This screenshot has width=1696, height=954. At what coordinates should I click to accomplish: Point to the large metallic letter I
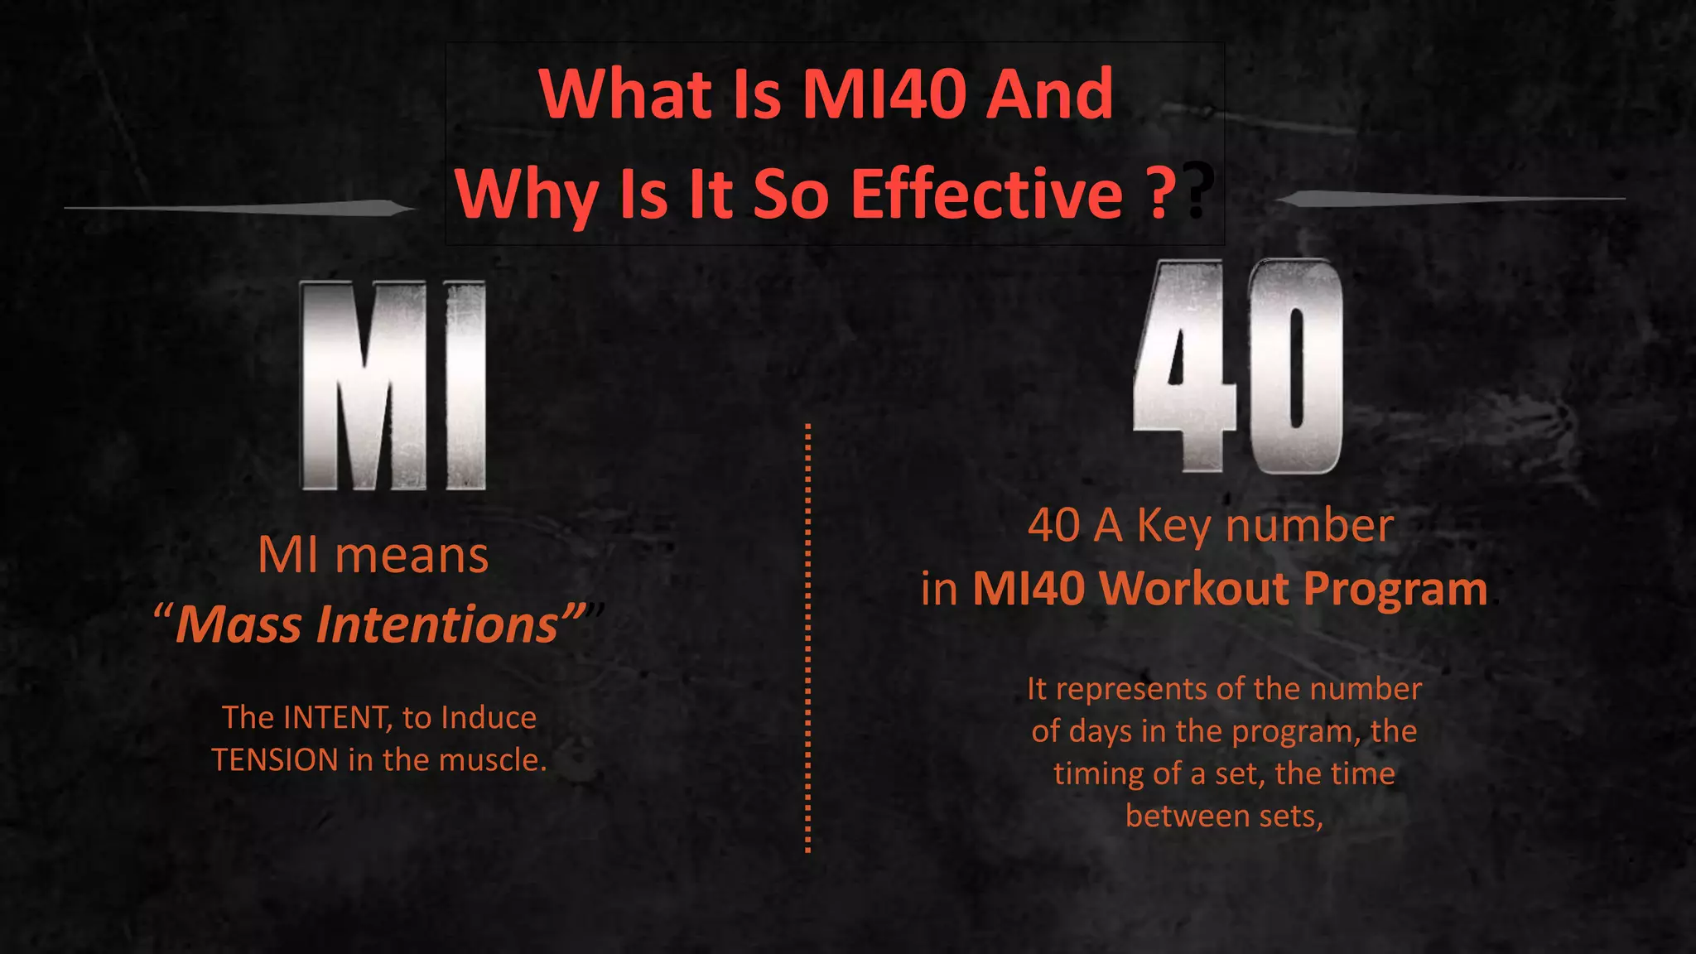(465, 385)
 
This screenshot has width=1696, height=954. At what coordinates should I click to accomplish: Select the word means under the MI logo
(412, 555)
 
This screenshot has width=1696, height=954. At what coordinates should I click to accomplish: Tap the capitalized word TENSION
(275, 760)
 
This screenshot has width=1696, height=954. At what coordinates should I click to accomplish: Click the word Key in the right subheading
(1173, 526)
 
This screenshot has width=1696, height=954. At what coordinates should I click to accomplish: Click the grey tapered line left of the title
(240, 207)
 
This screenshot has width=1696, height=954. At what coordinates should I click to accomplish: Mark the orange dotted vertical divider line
(807, 638)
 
